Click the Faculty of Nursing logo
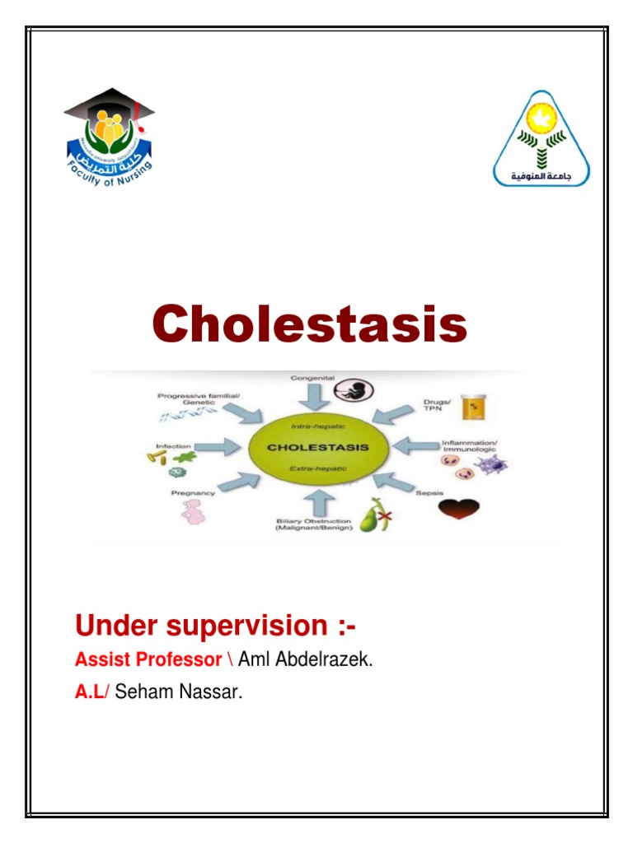click(110, 137)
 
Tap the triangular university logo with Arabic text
click(542, 137)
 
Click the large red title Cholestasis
click(309, 324)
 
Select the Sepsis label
click(429, 493)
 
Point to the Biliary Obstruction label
click(315, 524)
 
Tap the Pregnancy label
click(193, 493)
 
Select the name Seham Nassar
click(179, 692)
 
